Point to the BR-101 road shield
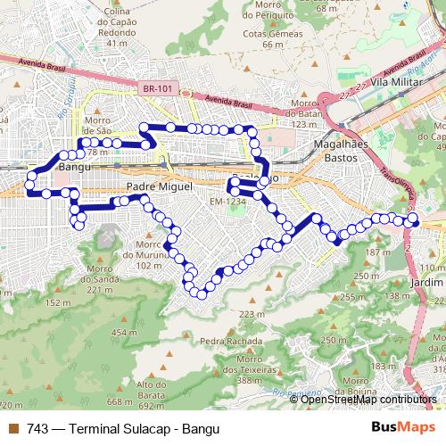155,89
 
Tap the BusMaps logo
397,426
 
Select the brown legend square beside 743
12,427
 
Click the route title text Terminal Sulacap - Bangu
134,427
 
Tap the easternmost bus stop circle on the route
413,219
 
